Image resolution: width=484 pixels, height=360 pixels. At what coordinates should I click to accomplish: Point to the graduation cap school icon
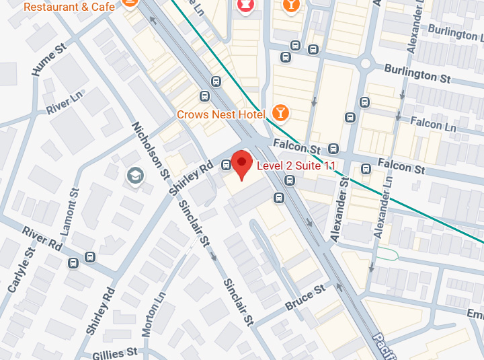(136, 176)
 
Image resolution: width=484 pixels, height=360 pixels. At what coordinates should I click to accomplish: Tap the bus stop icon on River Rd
(90, 257)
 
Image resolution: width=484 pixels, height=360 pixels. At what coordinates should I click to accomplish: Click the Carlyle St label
(21, 269)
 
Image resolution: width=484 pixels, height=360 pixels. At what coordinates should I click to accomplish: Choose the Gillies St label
(115, 351)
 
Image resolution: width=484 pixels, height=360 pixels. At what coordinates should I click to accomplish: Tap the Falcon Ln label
(435, 124)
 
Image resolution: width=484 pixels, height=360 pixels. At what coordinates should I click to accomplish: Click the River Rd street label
(41, 238)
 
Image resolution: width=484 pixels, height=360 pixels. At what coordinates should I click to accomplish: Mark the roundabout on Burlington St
(366, 65)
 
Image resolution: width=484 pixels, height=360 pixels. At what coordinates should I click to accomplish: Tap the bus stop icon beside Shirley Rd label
(225, 166)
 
